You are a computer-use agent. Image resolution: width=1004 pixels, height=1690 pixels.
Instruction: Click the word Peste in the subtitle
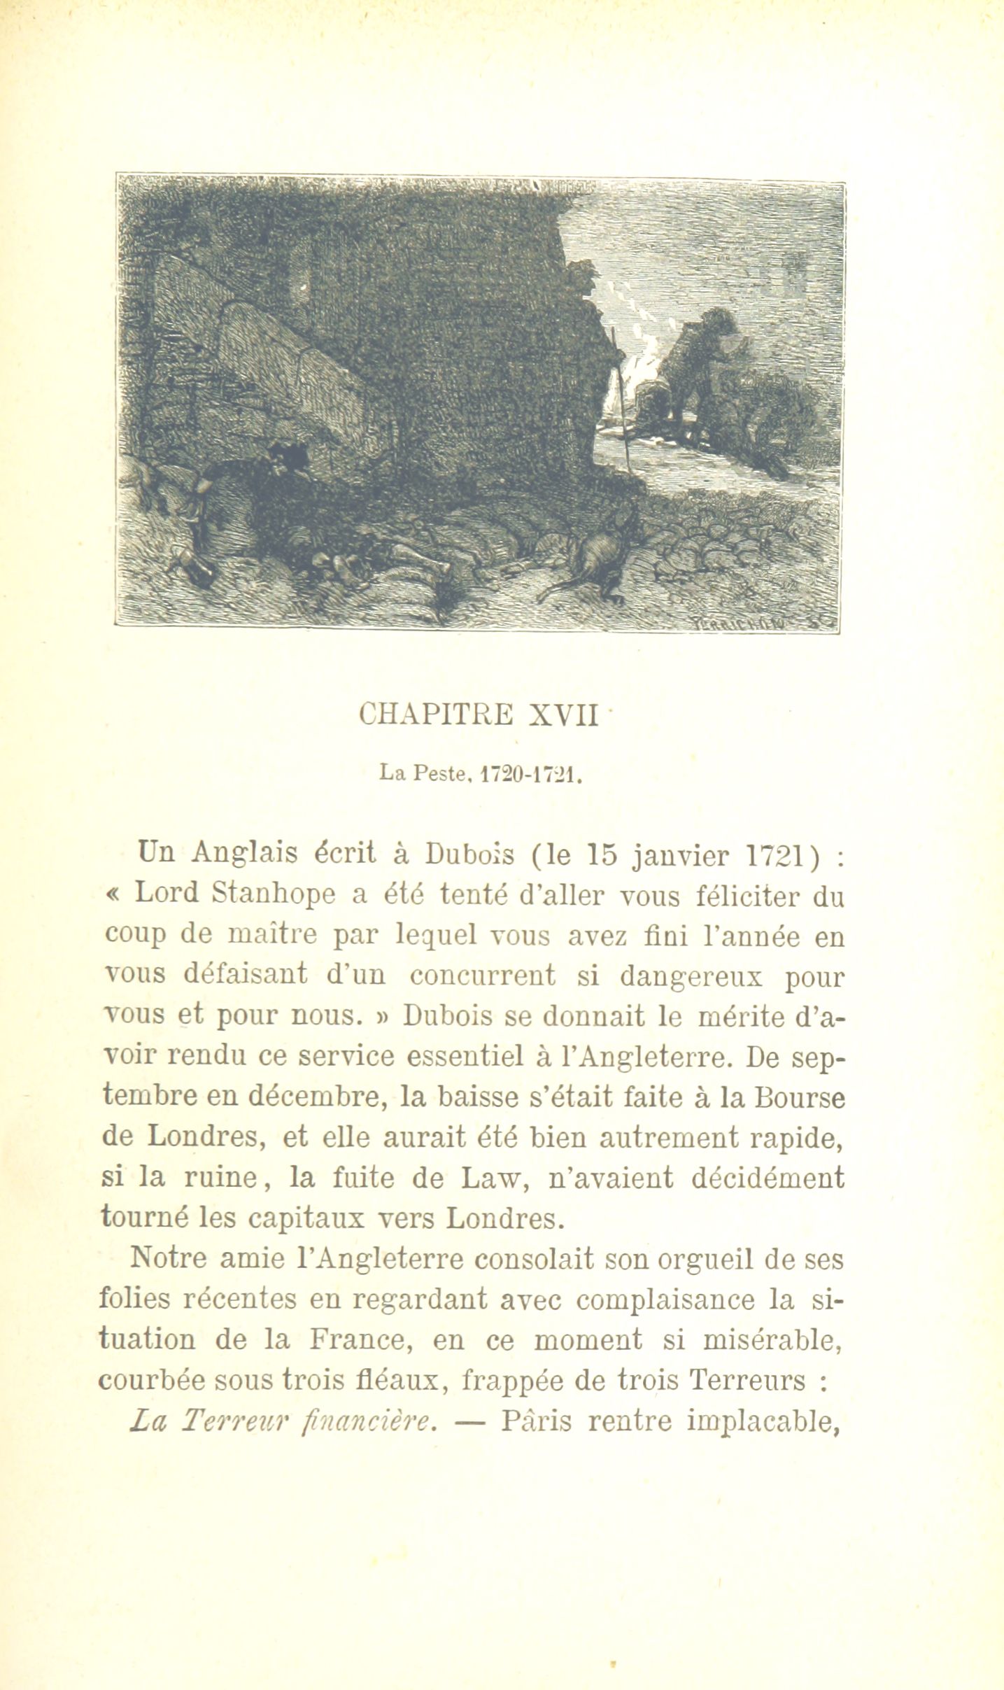(440, 774)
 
